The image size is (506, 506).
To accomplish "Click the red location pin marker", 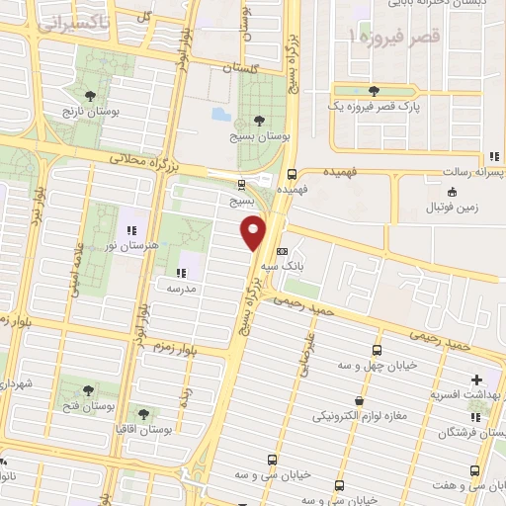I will pyautogui.click(x=255, y=233).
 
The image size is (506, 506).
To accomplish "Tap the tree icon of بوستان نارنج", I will pyautogui.click(x=91, y=96).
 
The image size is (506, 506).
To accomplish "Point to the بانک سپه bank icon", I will pyautogui.click(x=284, y=251).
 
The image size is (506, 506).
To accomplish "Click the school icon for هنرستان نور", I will pyautogui.click(x=131, y=230).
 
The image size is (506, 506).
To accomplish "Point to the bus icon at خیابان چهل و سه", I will pyautogui.click(x=377, y=350).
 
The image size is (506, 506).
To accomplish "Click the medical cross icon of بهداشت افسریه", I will pyautogui.click(x=478, y=379).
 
